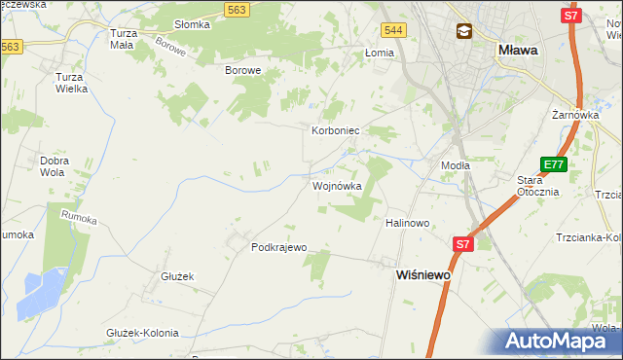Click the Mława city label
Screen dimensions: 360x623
point(521,50)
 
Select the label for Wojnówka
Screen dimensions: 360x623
point(337,185)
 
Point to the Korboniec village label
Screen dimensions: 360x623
point(336,129)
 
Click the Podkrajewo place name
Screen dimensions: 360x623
point(279,247)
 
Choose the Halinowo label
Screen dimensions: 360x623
point(408,223)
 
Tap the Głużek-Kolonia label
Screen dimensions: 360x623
point(142,333)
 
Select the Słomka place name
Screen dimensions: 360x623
point(191,24)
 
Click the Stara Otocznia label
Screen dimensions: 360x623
point(537,186)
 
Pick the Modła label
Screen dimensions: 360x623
point(456,165)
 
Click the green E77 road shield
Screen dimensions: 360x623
point(554,164)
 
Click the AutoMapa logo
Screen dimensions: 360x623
point(561,341)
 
